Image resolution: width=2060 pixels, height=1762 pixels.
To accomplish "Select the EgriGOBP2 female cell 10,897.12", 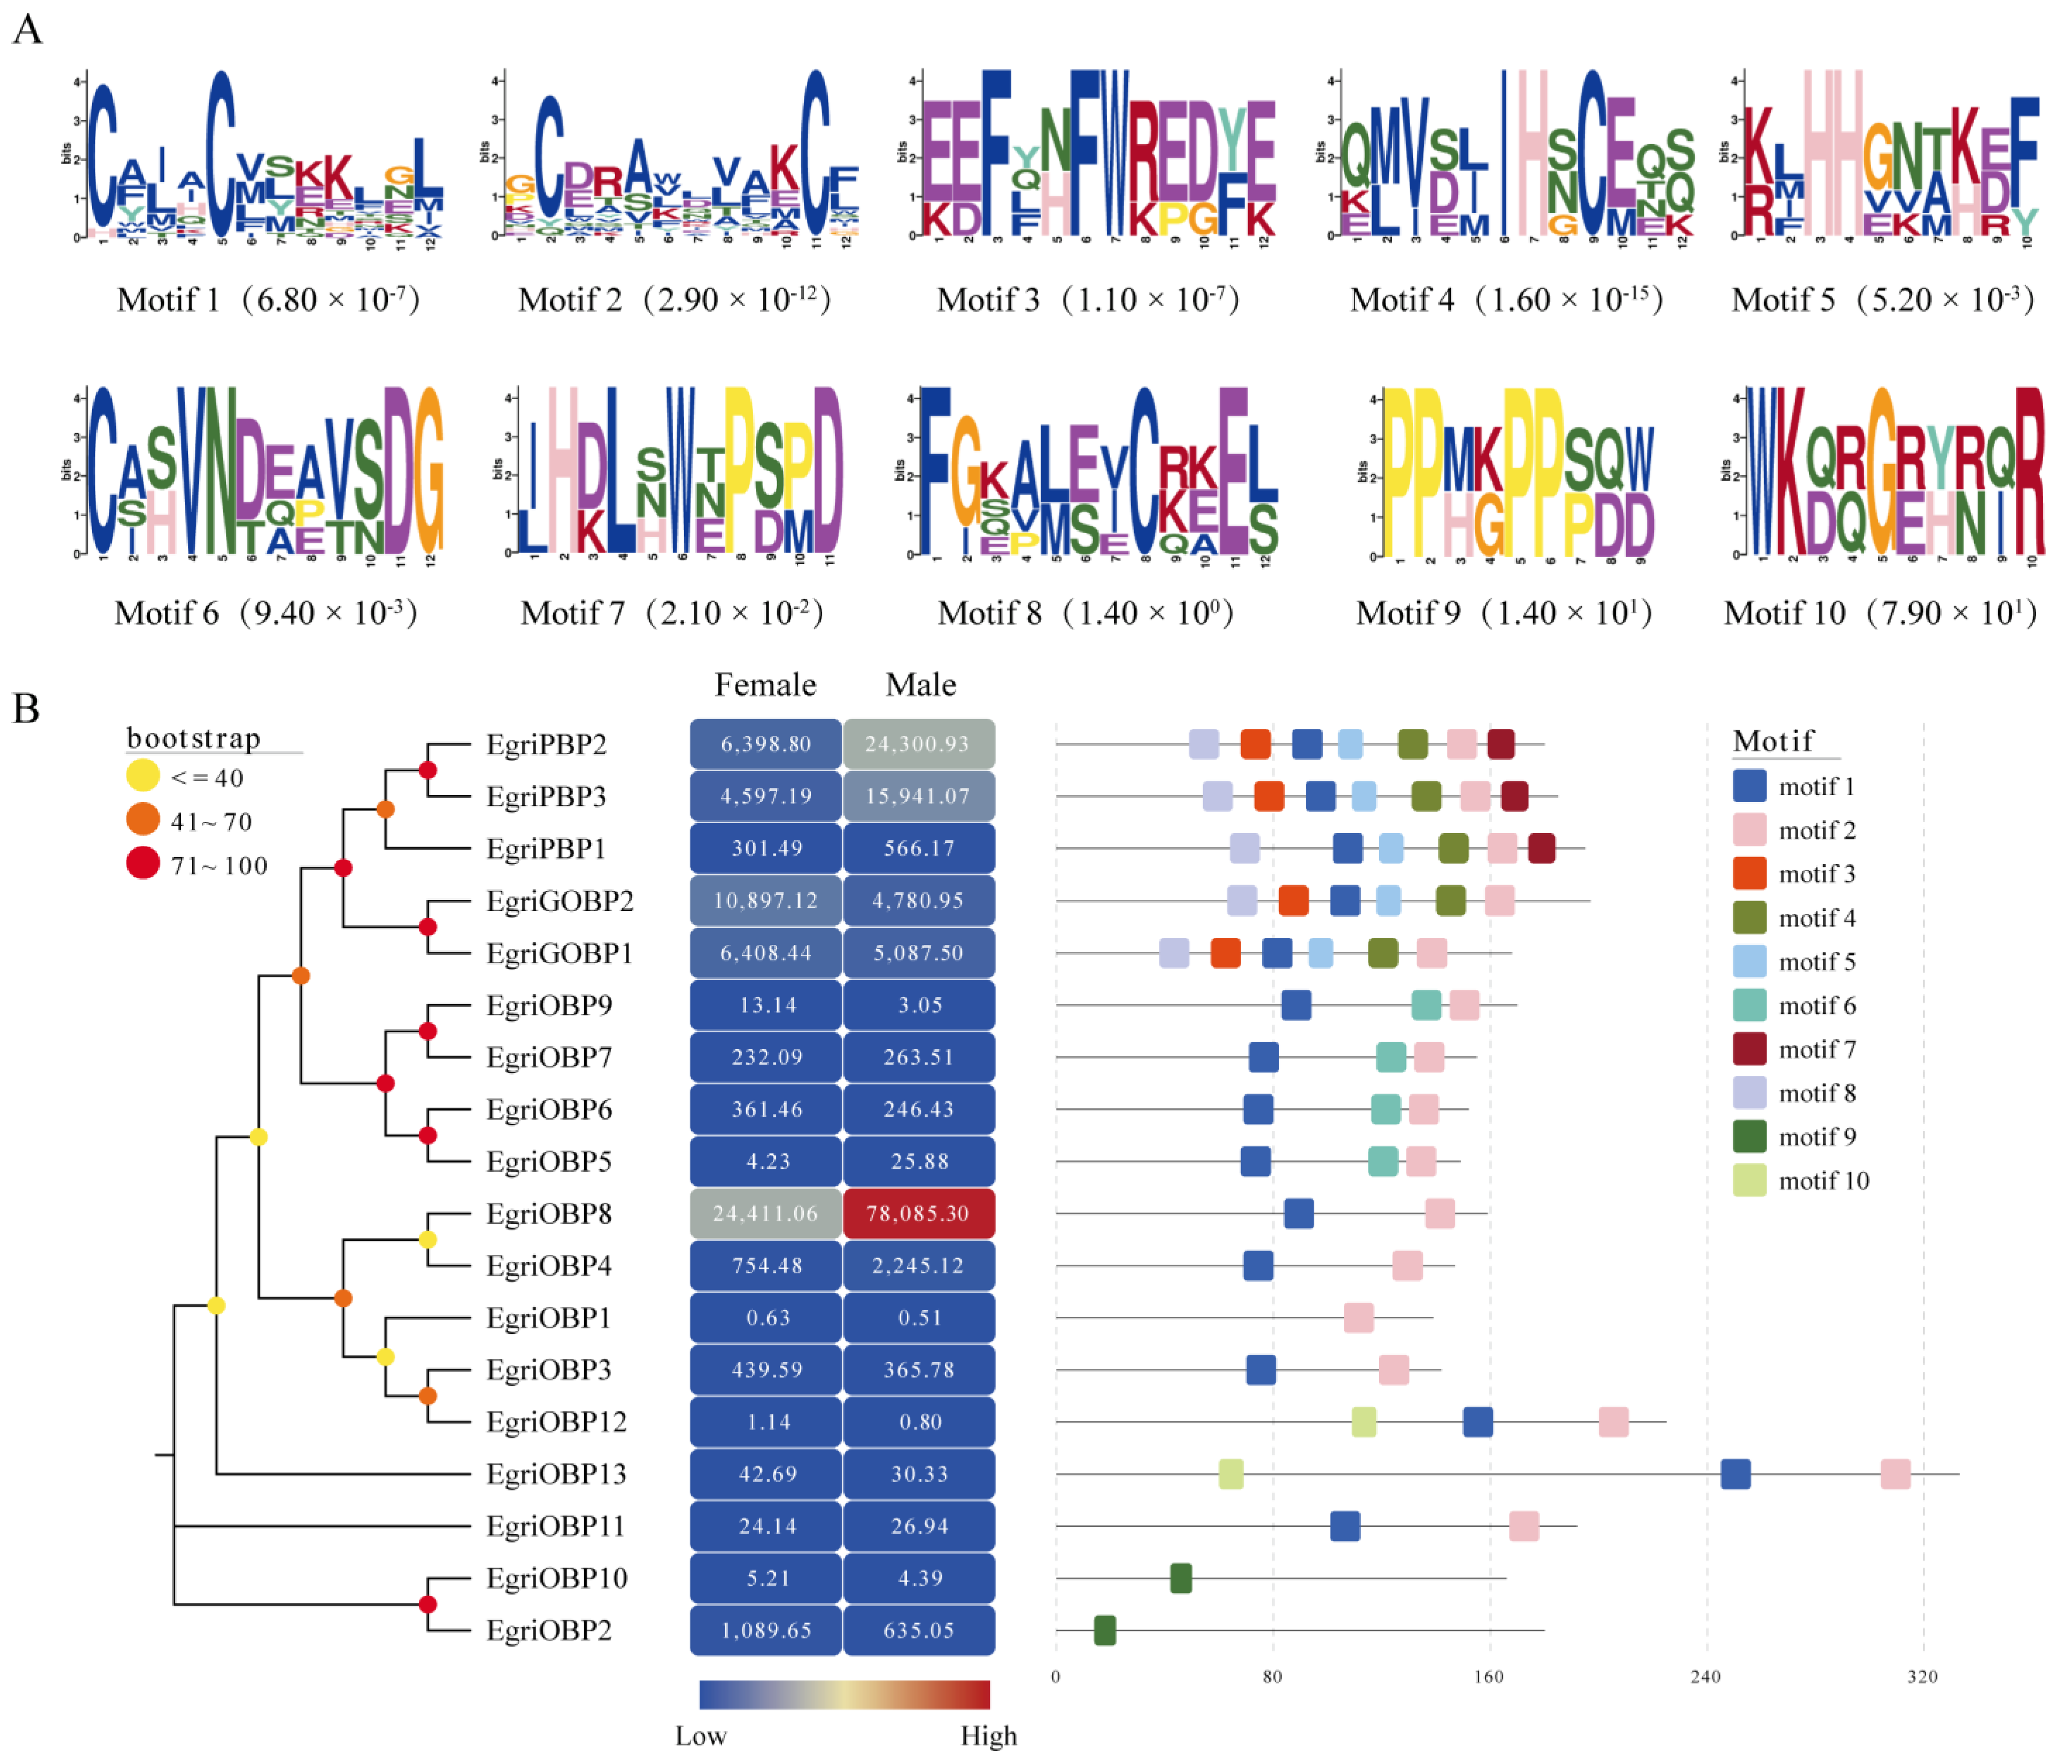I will (x=765, y=901).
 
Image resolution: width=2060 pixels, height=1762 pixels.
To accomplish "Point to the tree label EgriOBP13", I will (x=556, y=1474).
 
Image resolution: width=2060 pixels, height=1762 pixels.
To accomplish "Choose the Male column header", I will (x=921, y=685).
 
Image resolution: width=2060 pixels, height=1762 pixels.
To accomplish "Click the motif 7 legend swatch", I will (x=1749, y=1049).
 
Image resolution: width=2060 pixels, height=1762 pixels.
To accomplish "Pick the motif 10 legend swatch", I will (x=1749, y=1180).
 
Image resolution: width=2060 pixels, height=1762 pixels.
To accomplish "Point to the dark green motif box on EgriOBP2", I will (x=1104, y=1631).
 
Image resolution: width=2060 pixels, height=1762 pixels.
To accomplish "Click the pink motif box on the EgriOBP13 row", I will (x=1895, y=1474).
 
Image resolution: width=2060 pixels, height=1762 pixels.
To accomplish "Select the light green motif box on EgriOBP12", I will (x=1364, y=1422).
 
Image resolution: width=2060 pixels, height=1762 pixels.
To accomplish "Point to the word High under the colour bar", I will (x=988, y=1736).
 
